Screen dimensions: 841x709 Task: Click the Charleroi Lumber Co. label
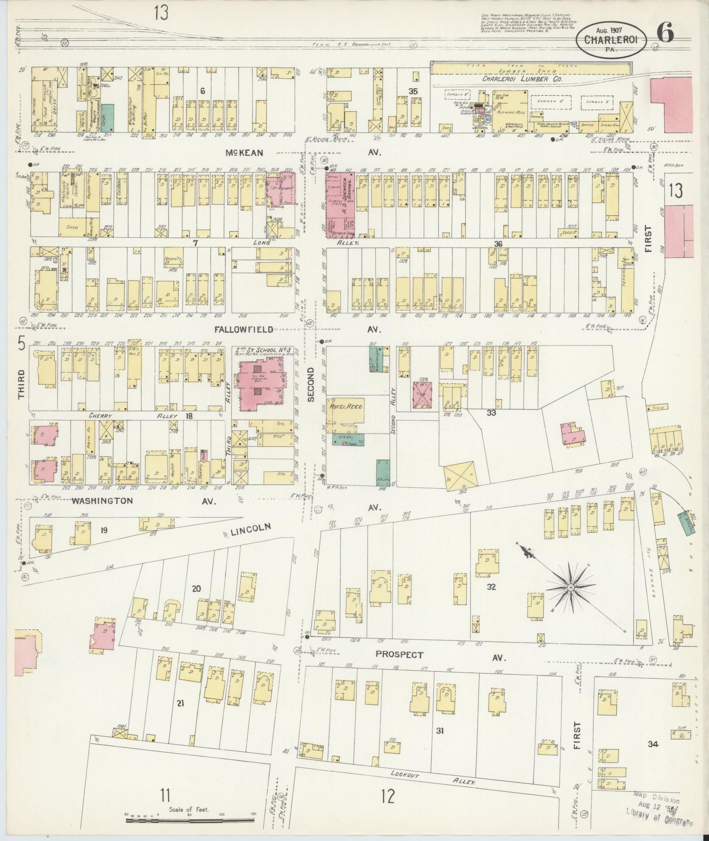[x=522, y=79]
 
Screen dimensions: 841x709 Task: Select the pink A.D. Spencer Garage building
[x=340, y=204]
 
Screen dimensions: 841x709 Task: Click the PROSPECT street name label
[x=399, y=667]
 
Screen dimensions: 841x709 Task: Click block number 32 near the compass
[x=491, y=586]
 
